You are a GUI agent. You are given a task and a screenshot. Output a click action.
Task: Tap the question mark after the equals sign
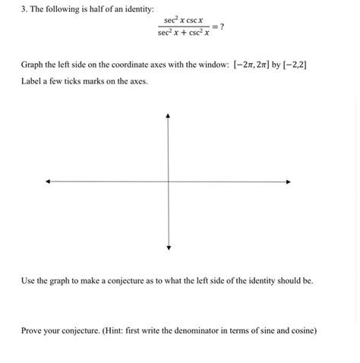[222, 27]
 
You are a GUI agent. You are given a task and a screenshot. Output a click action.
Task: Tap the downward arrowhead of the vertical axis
[168, 248]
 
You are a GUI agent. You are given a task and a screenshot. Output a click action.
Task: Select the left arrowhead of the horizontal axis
[48, 181]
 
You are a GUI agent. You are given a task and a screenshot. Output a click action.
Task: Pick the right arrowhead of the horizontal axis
[291, 181]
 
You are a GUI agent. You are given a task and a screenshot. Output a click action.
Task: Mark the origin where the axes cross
[168, 181]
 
